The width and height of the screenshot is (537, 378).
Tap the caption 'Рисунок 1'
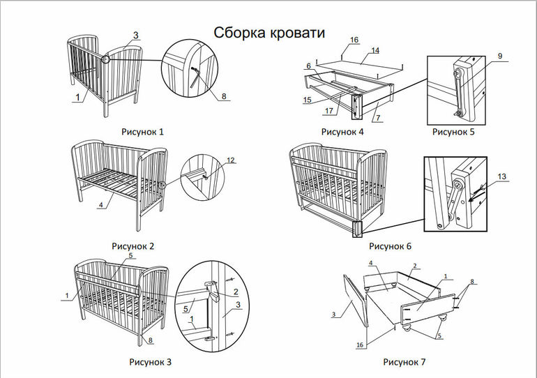(x=142, y=131)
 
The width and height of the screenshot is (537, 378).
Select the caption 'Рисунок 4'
(x=342, y=131)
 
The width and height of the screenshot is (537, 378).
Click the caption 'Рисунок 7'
(x=404, y=362)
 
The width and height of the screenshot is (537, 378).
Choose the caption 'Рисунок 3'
(x=150, y=362)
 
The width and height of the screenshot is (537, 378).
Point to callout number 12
(x=231, y=160)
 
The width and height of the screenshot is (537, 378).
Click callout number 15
(x=308, y=101)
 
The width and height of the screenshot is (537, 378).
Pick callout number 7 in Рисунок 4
(x=377, y=119)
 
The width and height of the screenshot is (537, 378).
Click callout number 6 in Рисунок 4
(x=308, y=66)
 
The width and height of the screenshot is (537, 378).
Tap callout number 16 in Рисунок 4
(x=354, y=40)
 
